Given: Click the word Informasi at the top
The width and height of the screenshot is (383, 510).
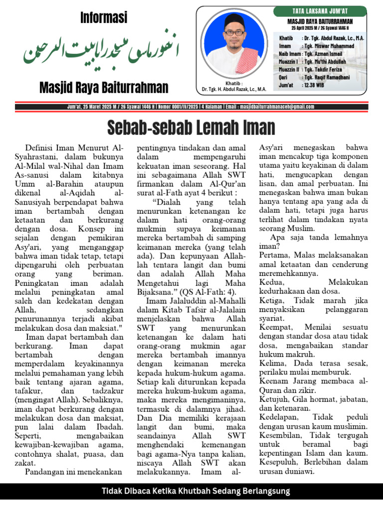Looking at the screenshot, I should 104,18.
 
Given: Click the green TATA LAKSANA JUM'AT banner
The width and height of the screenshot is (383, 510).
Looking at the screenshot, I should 320,11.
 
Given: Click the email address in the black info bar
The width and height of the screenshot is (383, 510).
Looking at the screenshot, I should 277,107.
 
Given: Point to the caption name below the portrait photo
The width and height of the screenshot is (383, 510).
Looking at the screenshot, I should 234,89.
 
